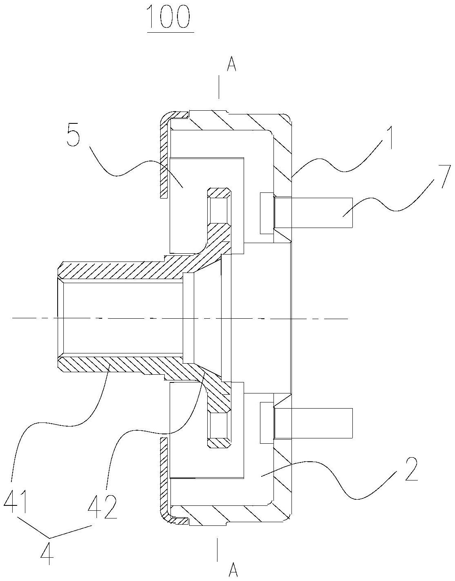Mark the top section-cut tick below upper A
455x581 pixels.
pyautogui.click(x=219, y=87)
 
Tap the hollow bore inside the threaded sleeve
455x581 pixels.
pyautogui.click(x=120, y=318)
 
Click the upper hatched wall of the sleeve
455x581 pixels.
pyautogui.click(x=120, y=270)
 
